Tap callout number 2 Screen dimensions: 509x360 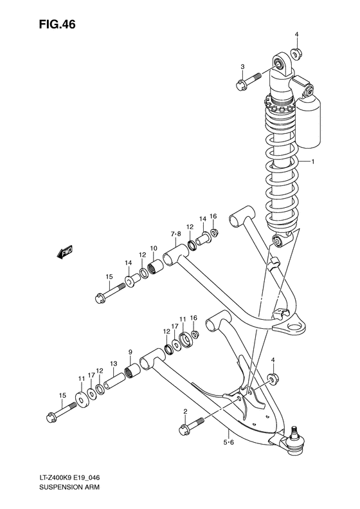click(185, 411)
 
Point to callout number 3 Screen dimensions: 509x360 click(243, 67)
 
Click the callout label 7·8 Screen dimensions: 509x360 click(175, 232)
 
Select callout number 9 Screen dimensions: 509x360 click(130, 351)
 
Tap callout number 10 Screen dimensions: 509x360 click(154, 249)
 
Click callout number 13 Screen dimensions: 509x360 click(113, 364)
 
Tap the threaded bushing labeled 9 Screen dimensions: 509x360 click(132, 371)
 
